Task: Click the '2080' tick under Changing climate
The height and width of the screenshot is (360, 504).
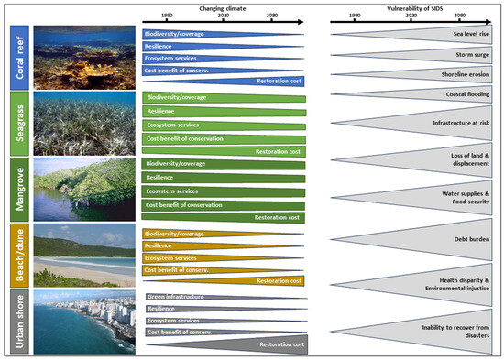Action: [273, 16]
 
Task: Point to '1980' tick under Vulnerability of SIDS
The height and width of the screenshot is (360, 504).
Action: [355, 16]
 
